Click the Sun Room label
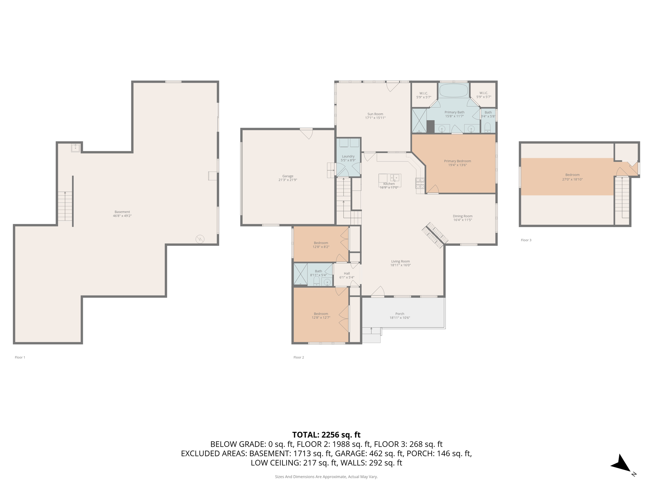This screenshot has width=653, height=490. [375, 114]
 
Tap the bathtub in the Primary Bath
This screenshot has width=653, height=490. [453, 91]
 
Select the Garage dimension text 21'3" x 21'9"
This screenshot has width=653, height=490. [288, 180]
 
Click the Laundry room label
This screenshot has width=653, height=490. [348, 156]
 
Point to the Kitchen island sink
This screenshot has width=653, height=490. [395, 177]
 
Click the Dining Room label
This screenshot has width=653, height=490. [462, 216]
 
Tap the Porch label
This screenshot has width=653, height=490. [400, 314]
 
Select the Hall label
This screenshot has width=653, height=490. [347, 273]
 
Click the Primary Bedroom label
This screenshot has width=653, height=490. [457, 161]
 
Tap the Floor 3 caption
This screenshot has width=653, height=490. [526, 240]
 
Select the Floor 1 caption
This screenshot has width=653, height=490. [20, 357]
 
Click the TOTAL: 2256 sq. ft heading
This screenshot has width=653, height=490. [326, 435]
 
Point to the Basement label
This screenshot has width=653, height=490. [122, 212]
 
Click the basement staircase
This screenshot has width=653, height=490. [65, 206]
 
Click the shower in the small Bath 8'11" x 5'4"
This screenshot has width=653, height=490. [300, 274]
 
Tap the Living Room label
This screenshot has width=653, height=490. [400, 261]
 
